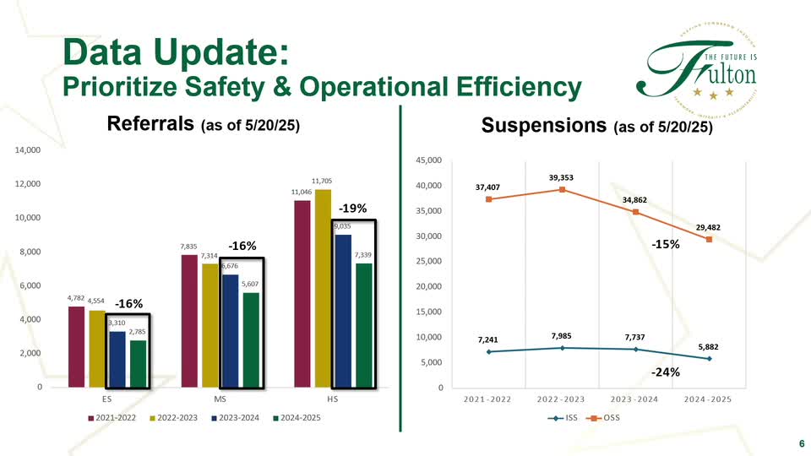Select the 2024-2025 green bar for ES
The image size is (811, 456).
pos(138,364)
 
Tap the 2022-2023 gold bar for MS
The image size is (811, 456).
pos(210,326)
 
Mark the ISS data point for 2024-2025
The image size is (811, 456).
pos(709,358)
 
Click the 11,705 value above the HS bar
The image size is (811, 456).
pos(321,181)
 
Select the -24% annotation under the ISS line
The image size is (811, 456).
pos(667,372)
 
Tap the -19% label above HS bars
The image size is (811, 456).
pos(352,208)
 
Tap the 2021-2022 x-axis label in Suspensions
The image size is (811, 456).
pos(488,398)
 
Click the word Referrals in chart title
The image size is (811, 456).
pos(151,125)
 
